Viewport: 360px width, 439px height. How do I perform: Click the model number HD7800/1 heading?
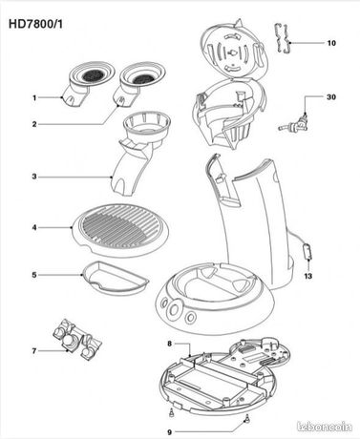click(35, 24)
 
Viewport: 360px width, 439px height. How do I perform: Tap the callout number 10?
click(331, 43)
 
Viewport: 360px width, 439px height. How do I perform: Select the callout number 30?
click(331, 96)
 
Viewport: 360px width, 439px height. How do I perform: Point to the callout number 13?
click(308, 276)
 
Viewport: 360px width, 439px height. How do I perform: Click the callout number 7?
click(34, 351)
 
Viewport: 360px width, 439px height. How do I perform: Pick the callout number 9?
click(169, 432)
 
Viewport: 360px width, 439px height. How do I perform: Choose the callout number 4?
click(34, 227)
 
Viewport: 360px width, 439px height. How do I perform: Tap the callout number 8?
click(169, 344)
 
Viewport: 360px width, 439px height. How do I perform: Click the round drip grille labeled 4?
click(121, 230)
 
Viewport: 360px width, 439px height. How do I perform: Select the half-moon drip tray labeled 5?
click(115, 278)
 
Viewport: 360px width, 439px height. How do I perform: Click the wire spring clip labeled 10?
click(284, 39)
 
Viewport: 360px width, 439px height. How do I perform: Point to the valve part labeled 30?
click(295, 124)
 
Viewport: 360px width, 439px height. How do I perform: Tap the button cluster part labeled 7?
click(76, 340)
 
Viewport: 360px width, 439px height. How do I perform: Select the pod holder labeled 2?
click(138, 83)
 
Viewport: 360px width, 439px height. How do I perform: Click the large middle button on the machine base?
click(174, 309)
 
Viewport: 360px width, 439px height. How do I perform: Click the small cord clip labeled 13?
click(307, 252)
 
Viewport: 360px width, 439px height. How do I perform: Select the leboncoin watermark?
click(324, 427)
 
